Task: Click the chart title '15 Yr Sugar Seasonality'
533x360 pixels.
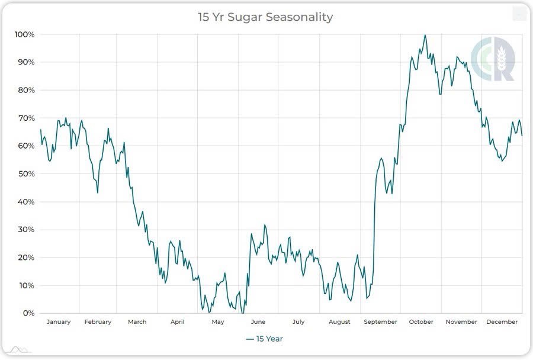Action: click(265, 17)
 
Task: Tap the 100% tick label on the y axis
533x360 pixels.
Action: click(24, 34)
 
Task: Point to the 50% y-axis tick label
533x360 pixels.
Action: click(26, 174)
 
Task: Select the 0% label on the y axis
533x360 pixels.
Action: click(28, 313)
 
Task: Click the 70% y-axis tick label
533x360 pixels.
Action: click(26, 118)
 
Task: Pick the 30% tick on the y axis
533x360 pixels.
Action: click(26, 230)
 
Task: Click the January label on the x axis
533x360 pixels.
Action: click(58, 322)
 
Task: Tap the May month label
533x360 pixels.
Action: click(218, 322)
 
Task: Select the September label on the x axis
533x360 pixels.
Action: click(380, 322)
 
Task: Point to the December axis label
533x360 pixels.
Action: click(502, 322)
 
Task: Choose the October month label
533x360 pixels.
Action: click(421, 322)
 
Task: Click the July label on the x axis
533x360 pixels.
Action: click(298, 322)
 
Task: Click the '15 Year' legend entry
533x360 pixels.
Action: click(265, 339)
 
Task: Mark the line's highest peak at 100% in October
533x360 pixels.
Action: click(425, 35)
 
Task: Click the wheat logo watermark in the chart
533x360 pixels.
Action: click(493, 59)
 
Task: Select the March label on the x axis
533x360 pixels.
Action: click(137, 322)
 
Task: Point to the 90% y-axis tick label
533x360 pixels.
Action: click(26, 62)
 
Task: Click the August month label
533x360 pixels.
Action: click(339, 322)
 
